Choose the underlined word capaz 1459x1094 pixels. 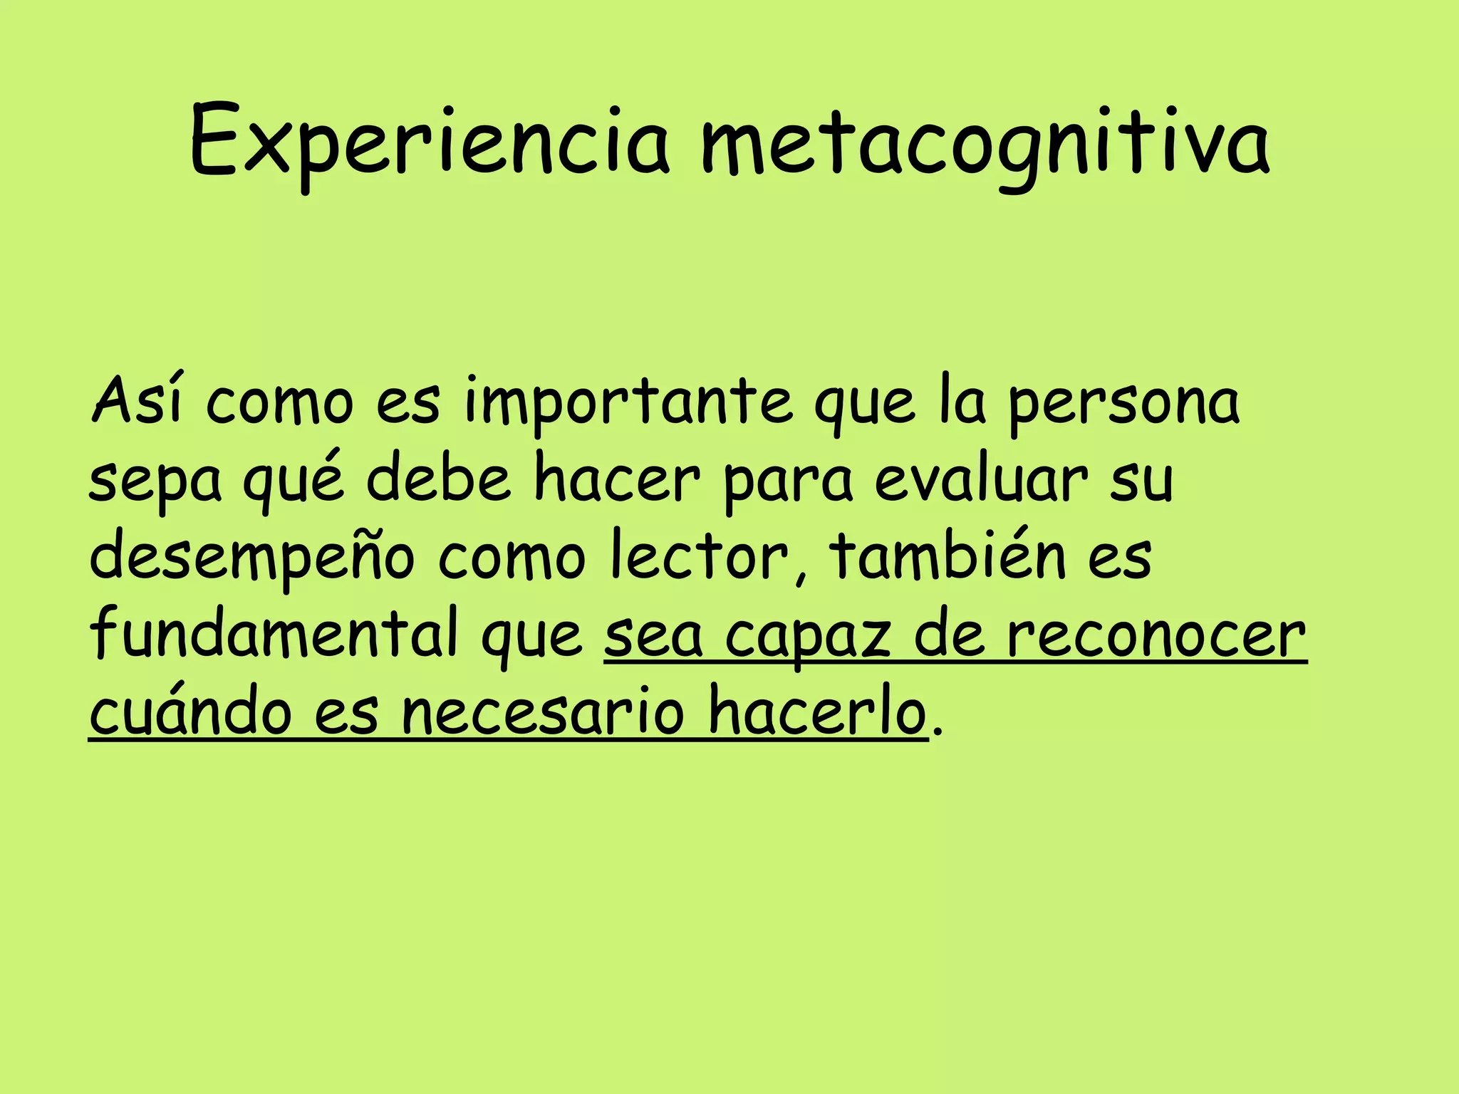[808, 637]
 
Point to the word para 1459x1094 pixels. [787, 481]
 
